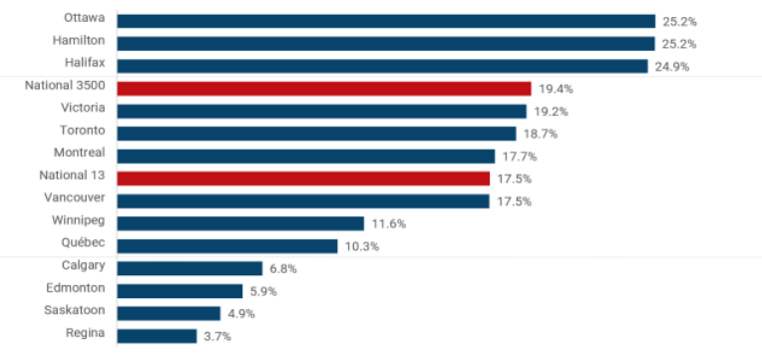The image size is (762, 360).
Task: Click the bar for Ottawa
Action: point(386,21)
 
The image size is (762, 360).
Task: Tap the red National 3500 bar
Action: point(324,89)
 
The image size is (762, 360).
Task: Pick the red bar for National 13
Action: point(303,179)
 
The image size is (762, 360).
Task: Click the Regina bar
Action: point(157,336)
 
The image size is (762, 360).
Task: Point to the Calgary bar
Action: point(190,268)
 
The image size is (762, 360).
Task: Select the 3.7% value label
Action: point(217,336)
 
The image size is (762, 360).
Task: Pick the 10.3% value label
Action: point(364,246)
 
